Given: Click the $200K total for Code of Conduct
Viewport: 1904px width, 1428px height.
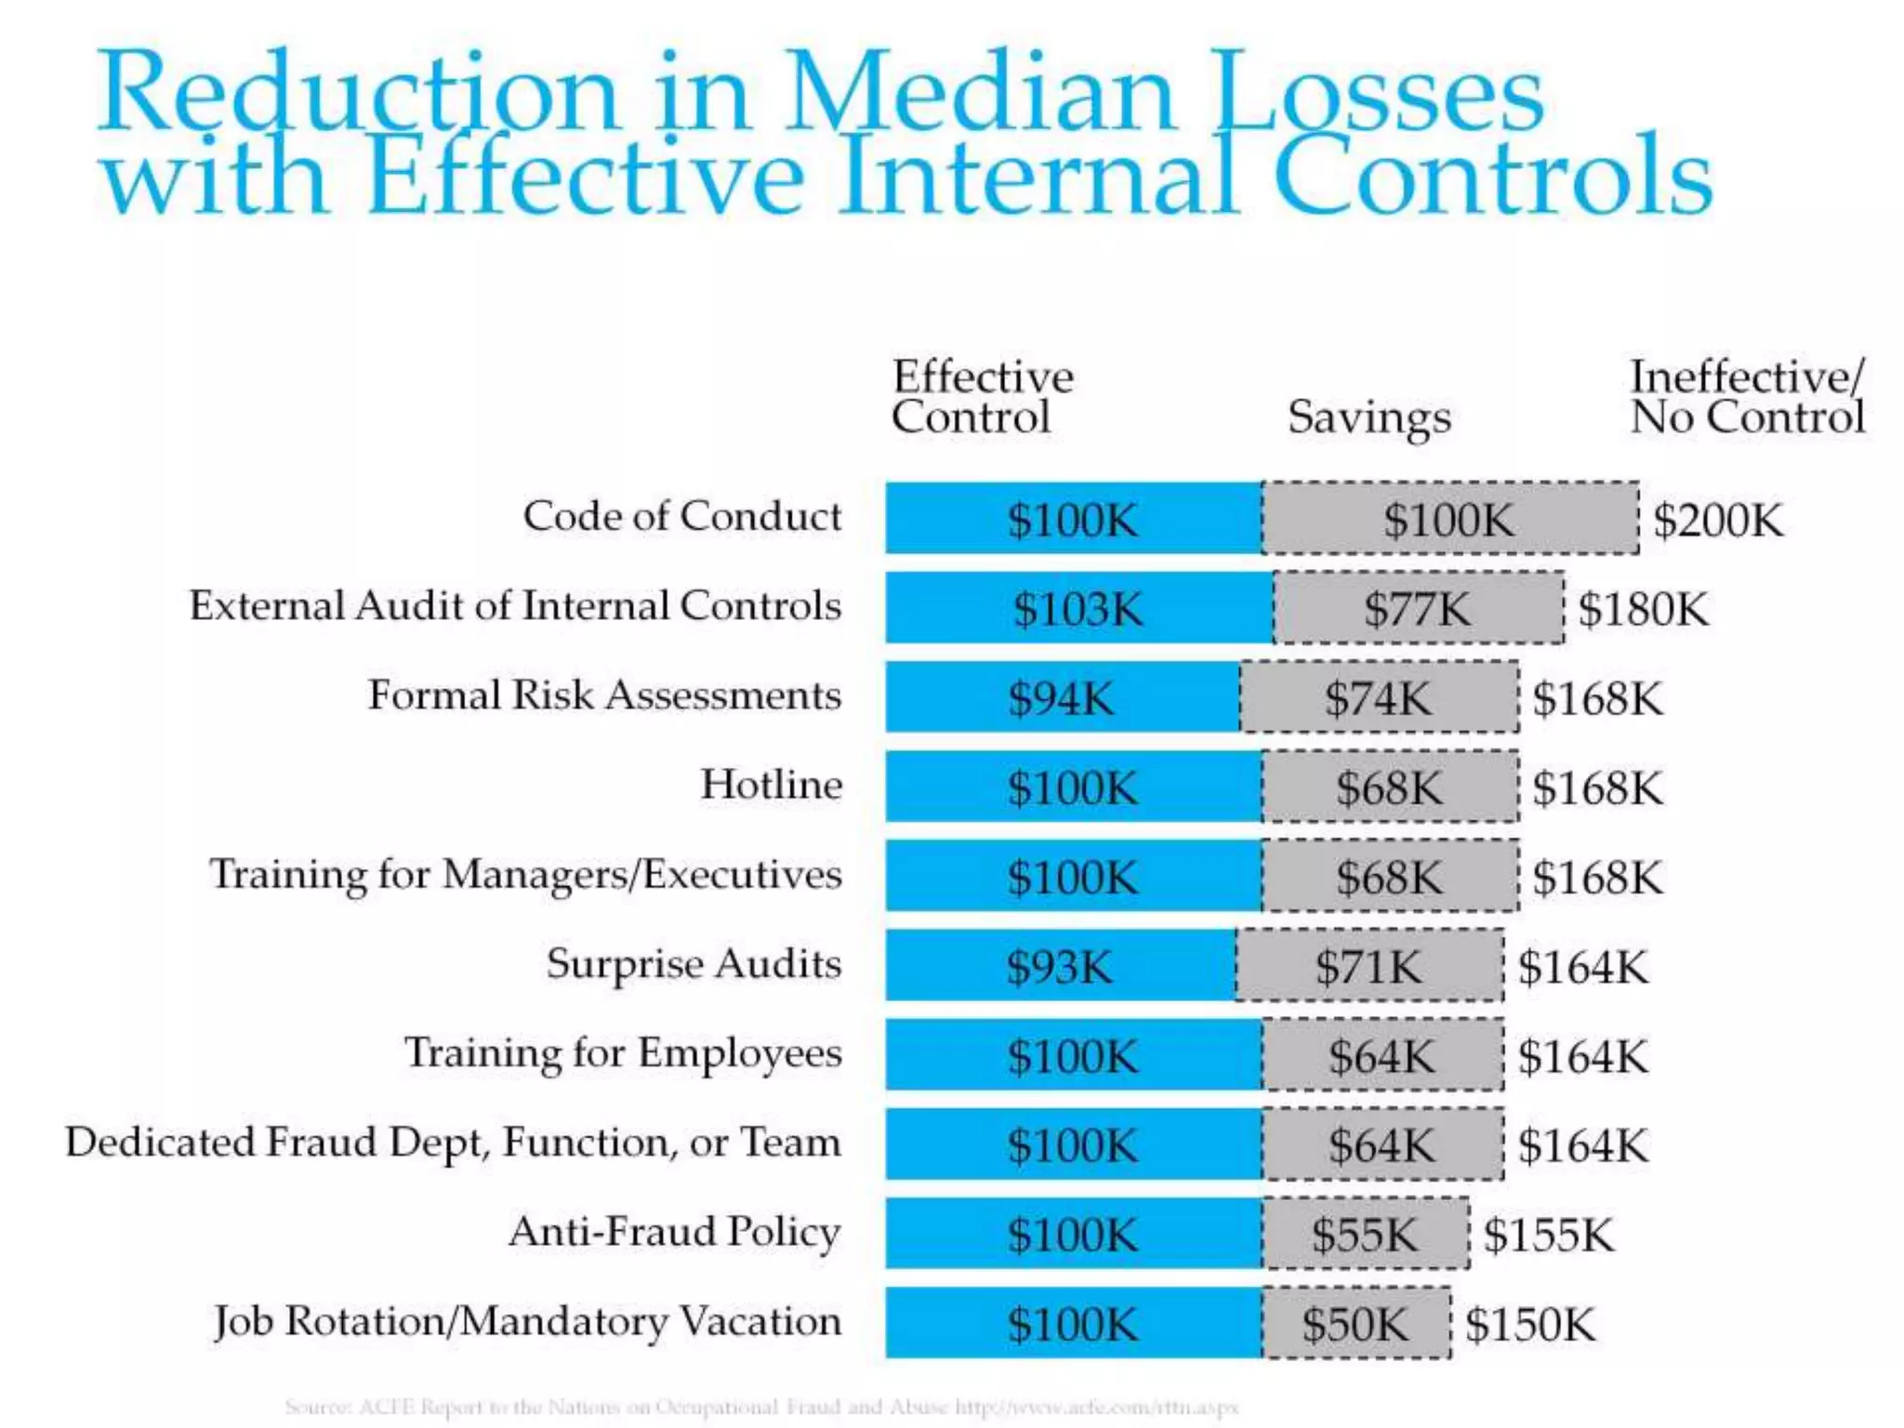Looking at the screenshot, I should click(1718, 520).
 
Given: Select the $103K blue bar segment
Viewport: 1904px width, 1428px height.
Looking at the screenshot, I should click(1078, 609).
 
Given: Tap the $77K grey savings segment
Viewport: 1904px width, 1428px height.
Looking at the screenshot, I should click(1418, 609).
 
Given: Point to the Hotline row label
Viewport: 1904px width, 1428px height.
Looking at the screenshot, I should click(771, 785).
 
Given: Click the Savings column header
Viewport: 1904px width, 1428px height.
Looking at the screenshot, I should click(1368, 417).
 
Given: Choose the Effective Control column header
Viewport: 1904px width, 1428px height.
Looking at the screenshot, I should click(982, 397).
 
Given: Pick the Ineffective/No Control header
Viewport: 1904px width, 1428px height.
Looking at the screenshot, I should click(1747, 397).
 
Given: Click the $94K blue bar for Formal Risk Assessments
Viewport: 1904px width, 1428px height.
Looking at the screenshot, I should click(1061, 698).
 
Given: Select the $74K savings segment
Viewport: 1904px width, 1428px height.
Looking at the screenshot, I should click(1379, 698).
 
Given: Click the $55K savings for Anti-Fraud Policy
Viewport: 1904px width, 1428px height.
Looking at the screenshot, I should click(1365, 1235).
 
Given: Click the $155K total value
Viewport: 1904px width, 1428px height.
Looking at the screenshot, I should click(1549, 1235).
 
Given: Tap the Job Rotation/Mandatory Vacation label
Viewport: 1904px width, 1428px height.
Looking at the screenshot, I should click(527, 1321).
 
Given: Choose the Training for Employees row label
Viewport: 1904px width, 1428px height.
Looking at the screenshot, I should click(623, 1053).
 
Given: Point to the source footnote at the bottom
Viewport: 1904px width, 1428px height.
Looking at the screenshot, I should click(761, 1407).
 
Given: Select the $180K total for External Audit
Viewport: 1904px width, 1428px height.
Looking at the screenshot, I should click(1644, 609).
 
